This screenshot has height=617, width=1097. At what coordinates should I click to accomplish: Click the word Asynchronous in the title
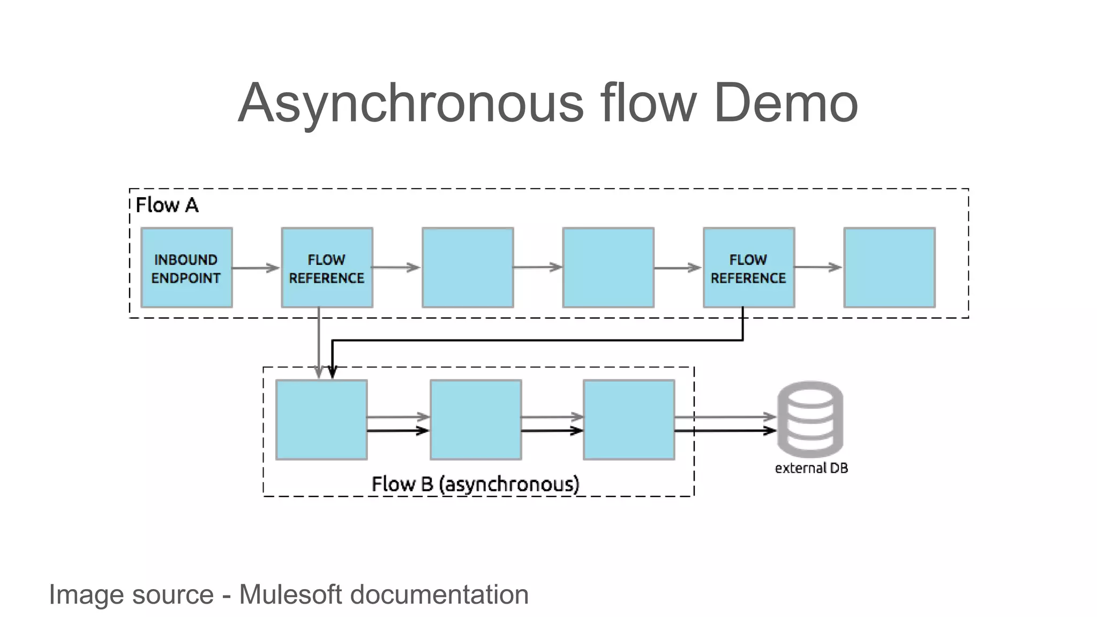pos(410,103)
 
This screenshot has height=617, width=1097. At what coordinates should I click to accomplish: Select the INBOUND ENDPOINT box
pos(186,268)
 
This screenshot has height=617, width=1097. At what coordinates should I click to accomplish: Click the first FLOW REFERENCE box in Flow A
pos(327,268)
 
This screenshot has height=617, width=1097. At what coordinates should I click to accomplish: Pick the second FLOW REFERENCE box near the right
pos(748,268)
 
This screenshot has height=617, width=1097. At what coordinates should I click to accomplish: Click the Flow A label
pos(167,205)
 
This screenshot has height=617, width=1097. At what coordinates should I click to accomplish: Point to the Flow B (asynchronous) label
pos(475,484)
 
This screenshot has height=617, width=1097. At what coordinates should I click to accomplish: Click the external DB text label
pos(811,468)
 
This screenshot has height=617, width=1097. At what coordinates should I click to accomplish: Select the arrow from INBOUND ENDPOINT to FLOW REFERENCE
pos(256,268)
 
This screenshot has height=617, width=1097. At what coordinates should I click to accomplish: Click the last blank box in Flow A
pos(889,268)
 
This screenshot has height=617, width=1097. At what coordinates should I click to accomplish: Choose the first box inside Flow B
pos(321,420)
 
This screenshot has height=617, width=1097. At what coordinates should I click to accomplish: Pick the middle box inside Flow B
pos(476,420)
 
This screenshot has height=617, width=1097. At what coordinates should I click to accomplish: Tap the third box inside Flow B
pos(629,420)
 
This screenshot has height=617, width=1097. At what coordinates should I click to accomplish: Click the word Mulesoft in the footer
pos(290,595)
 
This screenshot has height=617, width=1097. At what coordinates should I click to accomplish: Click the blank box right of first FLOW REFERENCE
pos(468,268)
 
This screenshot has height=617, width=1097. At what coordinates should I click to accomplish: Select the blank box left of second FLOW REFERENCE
pos(608,268)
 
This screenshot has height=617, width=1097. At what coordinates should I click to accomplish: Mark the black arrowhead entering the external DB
pos(770,431)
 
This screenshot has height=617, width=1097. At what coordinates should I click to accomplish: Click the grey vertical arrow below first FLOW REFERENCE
pos(319,343)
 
